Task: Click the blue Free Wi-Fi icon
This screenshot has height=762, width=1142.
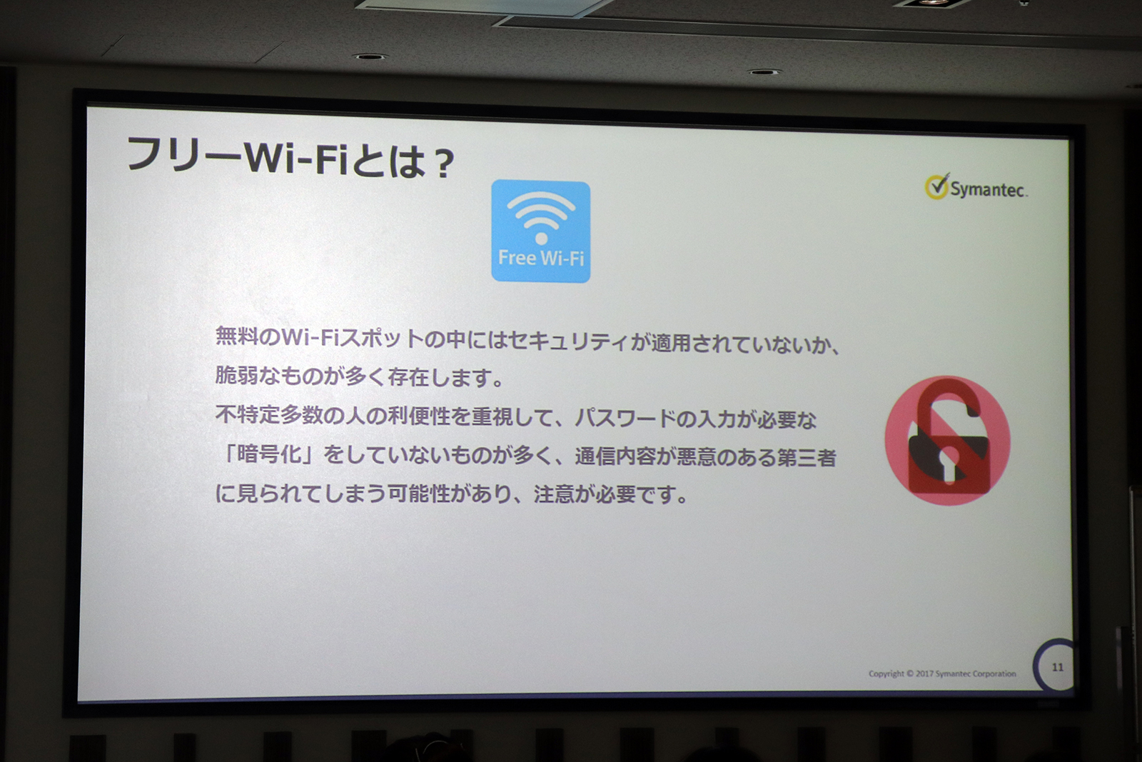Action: pos(540,230)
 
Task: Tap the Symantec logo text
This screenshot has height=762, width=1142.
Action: pos(988,189)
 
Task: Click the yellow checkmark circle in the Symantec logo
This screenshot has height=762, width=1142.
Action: pos(936,186)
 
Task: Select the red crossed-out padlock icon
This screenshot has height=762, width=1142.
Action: pos(947,440)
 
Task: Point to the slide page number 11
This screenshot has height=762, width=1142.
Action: pos(1057,667)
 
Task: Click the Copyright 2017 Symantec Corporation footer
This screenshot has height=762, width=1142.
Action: pos(941,673)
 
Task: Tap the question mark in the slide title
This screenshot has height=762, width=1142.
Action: pos(444,164)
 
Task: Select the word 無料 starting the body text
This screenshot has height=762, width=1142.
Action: pos(236,336)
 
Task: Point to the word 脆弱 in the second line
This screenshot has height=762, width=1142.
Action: pos(236,375)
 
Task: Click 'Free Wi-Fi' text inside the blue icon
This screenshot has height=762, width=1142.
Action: pos(540,258)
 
